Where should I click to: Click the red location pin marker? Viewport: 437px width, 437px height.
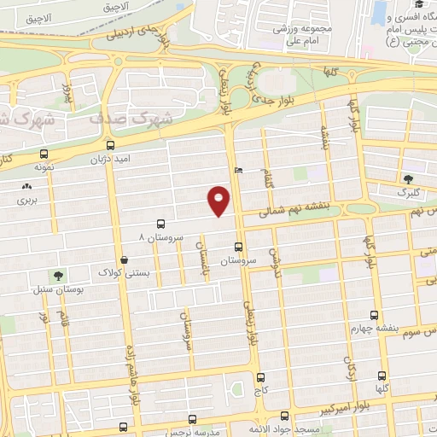coord(219,201)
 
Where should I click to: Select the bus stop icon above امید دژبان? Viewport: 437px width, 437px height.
coord(110,144)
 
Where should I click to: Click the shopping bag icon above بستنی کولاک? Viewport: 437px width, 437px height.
coord(125,259)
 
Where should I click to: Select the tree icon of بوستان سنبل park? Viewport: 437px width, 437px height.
coord(57,276)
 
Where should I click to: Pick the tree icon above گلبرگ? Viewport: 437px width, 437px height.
coord(407,179)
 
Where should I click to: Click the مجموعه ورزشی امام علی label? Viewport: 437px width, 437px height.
coord(295,32)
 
